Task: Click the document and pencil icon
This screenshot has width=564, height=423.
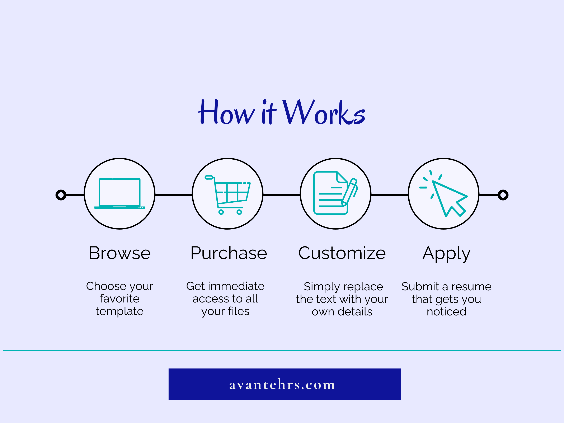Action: click(x=335, y=193)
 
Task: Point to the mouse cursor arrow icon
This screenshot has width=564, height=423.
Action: click(x=443, y=193)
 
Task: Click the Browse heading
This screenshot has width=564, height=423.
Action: click(x=119, y=253)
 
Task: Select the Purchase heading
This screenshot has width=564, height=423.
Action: click(x=229, y=253)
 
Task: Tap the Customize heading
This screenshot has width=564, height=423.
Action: click(x=342, y=253)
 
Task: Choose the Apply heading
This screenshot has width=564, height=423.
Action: click(x=446, y=254)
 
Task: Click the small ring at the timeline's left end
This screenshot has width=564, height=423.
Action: click(x=61, y=195)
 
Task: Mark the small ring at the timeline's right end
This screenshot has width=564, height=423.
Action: click(x=503, y=195)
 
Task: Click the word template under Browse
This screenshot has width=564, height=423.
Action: click(x=119, y=311)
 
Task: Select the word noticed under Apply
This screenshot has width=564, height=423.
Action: click(x=446, y=312)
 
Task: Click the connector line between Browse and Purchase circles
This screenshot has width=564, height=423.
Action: click(x=174, y=195)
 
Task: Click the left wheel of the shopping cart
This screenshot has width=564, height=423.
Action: click(x=221, y=212)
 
